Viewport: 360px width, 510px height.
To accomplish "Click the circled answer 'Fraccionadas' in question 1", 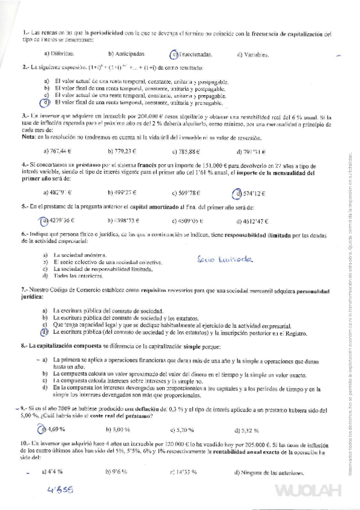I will pyautogui.click(x=192, y=54).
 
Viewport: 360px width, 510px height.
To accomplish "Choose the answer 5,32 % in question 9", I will pyautogui.click(x=248, y=430).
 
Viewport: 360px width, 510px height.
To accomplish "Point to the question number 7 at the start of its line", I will pyautogui.click(x=23, y=290).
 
